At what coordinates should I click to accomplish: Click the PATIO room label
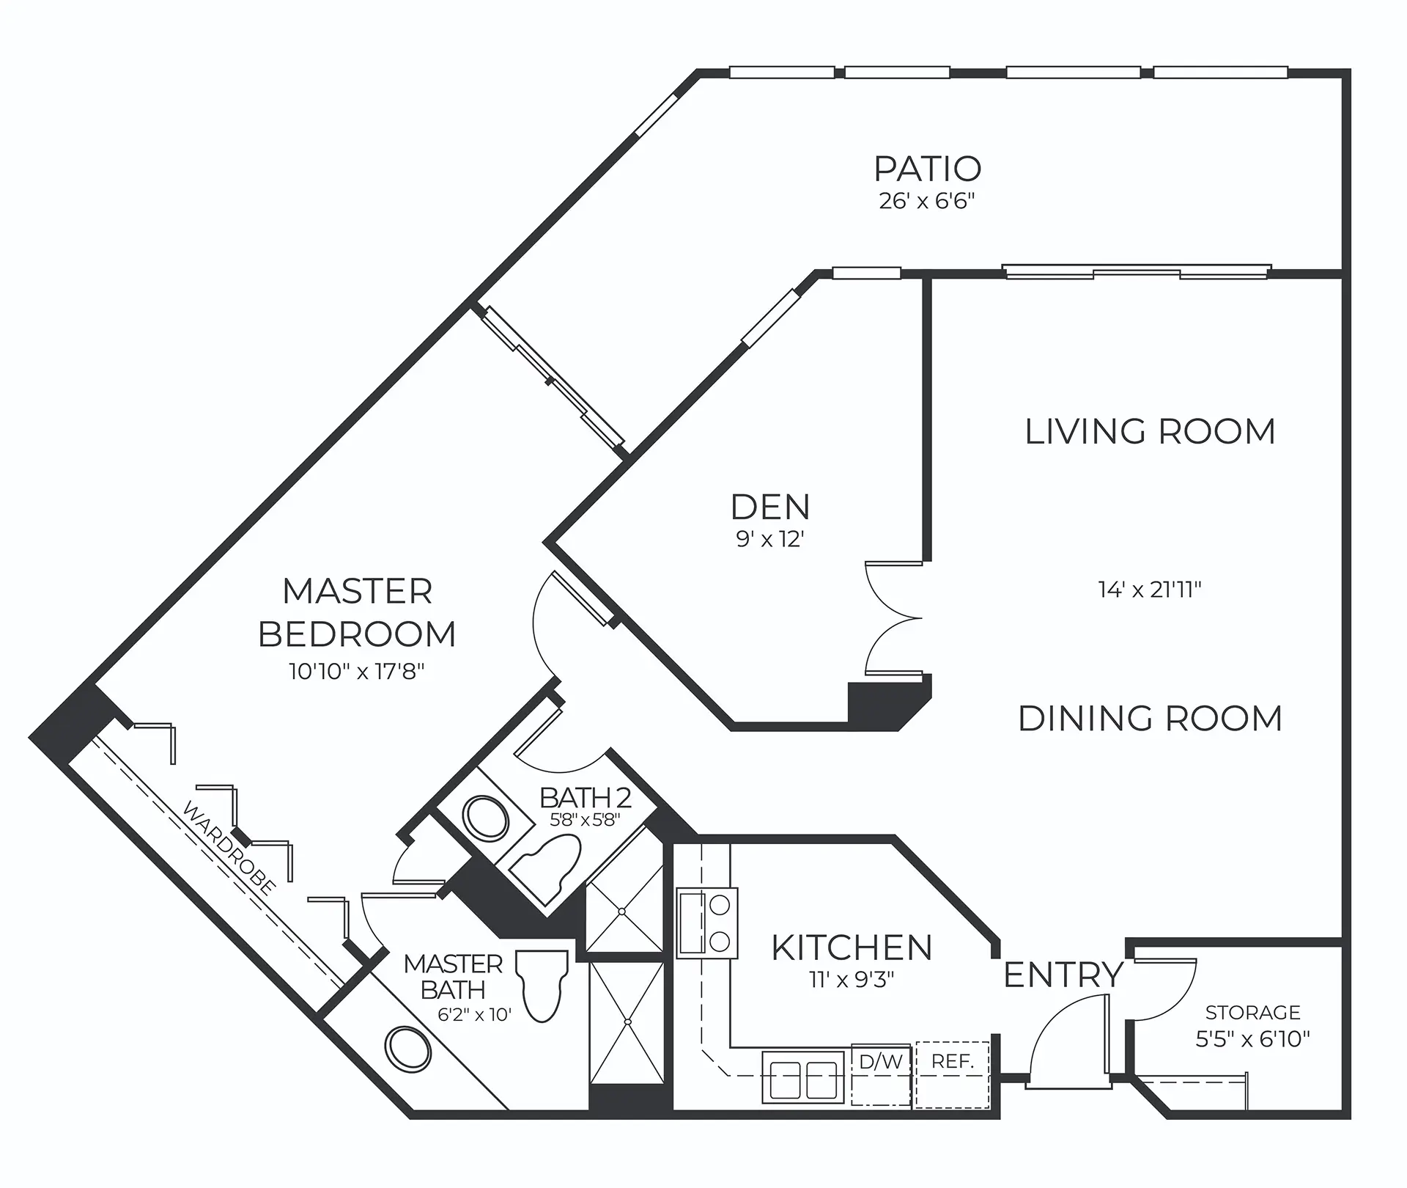[928, 169]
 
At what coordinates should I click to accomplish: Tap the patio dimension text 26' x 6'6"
[927, 202]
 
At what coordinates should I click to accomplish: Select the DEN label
[770, 507]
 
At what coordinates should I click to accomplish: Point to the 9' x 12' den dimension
[770, 540]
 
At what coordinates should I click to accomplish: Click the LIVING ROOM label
[1150, 431]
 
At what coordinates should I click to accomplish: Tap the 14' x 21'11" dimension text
[1150, 590]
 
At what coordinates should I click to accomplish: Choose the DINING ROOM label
[1150, 719]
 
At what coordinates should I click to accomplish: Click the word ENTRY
[1063, 975]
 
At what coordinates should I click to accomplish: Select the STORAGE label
[1252, 1013]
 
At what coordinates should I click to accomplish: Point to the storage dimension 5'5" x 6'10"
[1252, 1038]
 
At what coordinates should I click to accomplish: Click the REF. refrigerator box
[952, 1074]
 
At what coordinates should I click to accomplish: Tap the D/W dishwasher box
[882, 1074]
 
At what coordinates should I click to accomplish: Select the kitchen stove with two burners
[707, 923]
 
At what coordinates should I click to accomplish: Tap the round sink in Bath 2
[485, 818]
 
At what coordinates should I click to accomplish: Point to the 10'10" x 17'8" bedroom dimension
[357, 672]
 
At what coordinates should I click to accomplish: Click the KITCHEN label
[852, 947]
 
